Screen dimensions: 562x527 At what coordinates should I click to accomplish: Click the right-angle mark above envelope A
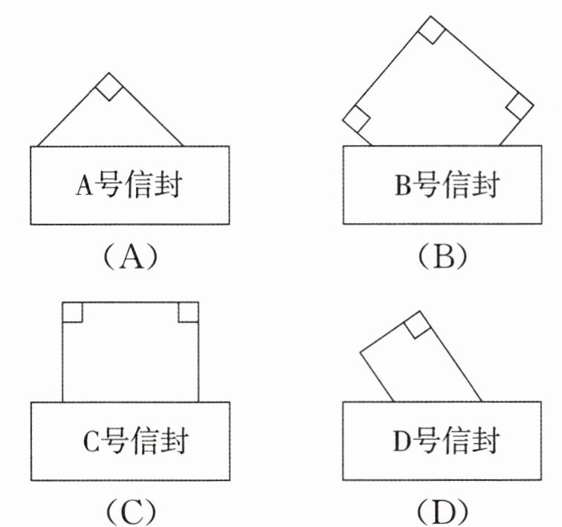tap(109, 87)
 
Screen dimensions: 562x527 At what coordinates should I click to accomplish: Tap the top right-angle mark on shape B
tap(431, 30)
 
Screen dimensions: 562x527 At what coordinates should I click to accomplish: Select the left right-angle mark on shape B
tap(356, 119)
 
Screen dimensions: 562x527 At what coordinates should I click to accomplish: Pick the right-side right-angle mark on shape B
tap(520, 106)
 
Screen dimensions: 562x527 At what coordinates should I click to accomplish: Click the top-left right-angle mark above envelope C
tap(72, 312)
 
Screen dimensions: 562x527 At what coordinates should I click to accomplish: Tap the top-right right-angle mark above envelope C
tap(189, 312)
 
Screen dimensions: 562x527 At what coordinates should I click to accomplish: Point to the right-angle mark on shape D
tap(417, 325)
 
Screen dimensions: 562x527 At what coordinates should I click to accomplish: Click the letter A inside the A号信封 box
tap(85, 186)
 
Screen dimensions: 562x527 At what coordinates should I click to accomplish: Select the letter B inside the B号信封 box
tap(402, 185)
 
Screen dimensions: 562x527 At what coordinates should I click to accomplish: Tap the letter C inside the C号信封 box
tap(91, 442)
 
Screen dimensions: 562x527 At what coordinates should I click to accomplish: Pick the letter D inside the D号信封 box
tap(401, 441)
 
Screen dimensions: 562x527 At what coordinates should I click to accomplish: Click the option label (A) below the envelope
tap(130, 256)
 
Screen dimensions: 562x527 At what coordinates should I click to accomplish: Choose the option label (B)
tap(442, 256)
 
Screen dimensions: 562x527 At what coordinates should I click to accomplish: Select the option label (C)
tap(131, 511)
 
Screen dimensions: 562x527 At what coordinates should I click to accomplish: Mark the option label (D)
tap(442, 511)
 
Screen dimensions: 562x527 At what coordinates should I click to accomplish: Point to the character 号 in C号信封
tap(113, 441)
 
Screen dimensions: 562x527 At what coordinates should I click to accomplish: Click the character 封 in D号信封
tap(485, 440)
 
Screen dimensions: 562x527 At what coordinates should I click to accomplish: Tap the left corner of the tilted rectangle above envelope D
tap(361, 352)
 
